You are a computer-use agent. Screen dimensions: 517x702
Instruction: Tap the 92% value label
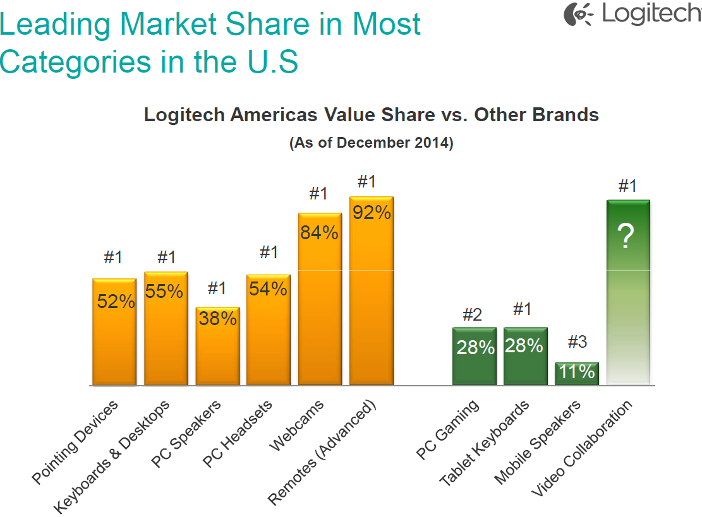point(372,213)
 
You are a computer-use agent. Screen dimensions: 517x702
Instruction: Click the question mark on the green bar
point(626,238)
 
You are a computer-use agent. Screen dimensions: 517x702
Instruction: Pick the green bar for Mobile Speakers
point(577,374)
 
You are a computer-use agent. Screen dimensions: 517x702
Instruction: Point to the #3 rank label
point(577,342)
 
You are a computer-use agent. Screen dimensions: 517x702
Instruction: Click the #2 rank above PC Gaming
point(472,315)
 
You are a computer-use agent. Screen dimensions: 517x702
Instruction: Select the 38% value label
point(217,319)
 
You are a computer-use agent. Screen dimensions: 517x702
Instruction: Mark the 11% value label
point(577,372)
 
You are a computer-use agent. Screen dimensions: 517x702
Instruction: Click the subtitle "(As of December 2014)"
point(372,143)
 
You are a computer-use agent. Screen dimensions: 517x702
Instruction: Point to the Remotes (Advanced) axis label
point(322,452)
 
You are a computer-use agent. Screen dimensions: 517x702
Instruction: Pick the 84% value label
point(320,233)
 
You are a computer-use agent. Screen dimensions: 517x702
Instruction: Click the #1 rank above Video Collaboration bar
point(627,186)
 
